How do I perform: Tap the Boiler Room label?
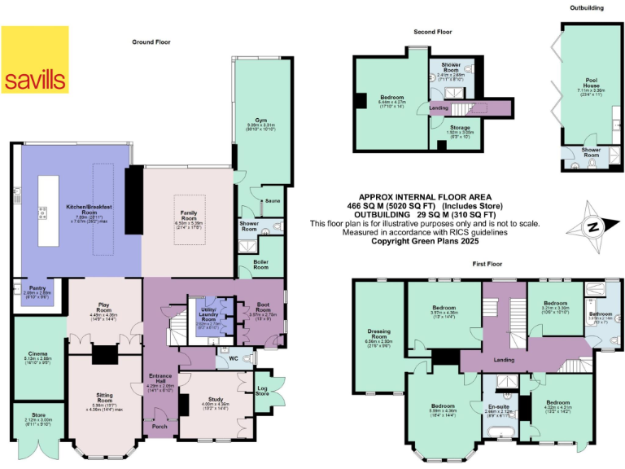[260, 266]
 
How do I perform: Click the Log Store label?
[261, 390]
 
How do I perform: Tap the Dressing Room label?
[379, 333]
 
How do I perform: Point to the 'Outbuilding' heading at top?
[586, 7]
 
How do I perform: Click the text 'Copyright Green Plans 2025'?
[424, 241]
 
